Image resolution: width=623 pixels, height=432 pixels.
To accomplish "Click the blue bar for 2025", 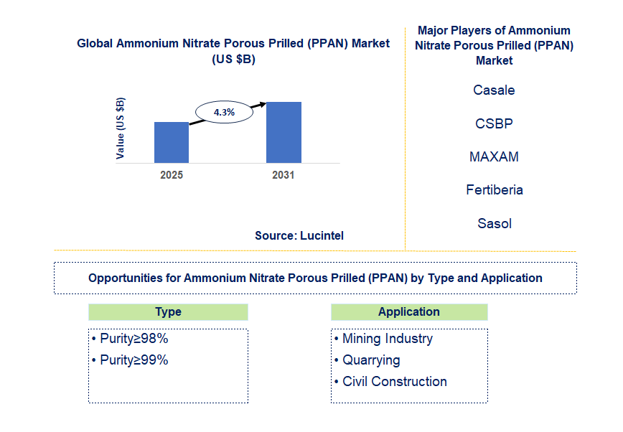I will tap(172, 142).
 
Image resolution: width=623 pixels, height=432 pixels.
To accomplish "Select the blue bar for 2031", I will tap(284, 132).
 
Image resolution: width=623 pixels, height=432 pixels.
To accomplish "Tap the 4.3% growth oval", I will tap(225, 112).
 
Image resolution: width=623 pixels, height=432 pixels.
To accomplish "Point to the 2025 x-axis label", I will tap(172, 175).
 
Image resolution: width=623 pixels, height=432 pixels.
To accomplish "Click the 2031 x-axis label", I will tap(283, 175).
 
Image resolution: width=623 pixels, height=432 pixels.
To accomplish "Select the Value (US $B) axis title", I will tap(121, 128).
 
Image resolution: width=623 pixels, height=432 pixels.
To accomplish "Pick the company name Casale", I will tap(494, 90).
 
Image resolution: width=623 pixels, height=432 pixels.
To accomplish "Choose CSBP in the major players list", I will tap(494, 123).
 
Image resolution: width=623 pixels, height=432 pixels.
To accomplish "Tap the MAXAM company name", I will tap(494, 156).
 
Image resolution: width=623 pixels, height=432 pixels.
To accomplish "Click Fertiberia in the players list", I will tap(494, 190).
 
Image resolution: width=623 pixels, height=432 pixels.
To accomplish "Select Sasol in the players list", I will tap(494, 223).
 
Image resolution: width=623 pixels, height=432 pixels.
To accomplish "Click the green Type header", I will tap(168, 312).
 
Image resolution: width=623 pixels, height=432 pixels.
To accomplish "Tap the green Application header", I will tap(409, 312).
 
